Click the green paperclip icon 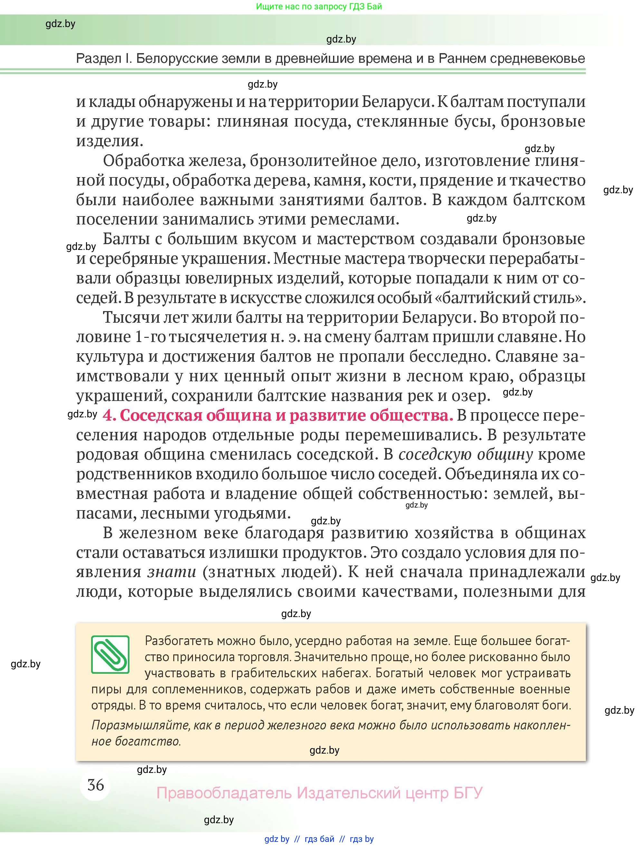tap(110, 654)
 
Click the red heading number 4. tap(109, 415)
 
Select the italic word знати tap(172, 572)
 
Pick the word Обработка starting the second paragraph tap(142, 161)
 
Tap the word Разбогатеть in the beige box tap(178, 641)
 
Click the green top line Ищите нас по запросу tap(319, 6)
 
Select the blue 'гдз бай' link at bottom tap(319, 839)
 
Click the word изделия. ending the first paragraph tap(110, 141)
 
